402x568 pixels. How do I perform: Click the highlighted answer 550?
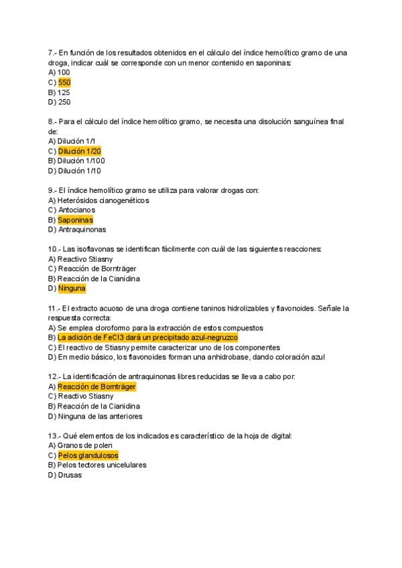64,82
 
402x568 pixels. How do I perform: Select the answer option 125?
64,92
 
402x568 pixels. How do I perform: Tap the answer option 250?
64,102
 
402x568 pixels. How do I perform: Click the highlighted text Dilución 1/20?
80,151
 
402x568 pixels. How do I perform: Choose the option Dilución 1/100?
81,161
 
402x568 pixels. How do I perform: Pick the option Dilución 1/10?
80,171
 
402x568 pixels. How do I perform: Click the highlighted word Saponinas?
75,220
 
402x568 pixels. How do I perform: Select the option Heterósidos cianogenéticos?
103,200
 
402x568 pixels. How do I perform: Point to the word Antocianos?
77,210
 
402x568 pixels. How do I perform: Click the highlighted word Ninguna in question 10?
72,289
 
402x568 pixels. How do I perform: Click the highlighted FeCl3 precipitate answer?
147,338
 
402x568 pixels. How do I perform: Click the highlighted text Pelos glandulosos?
88,455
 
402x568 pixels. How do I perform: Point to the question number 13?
54,435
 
